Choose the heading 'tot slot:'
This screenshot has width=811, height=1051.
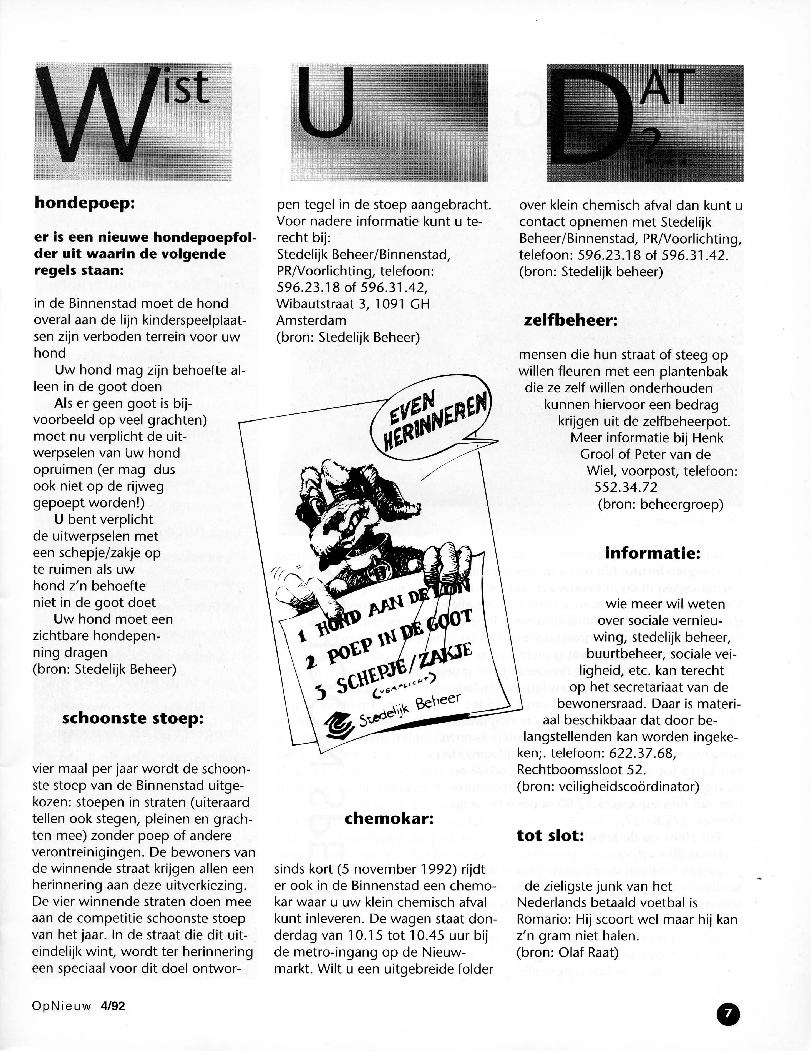pos(550,836)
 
